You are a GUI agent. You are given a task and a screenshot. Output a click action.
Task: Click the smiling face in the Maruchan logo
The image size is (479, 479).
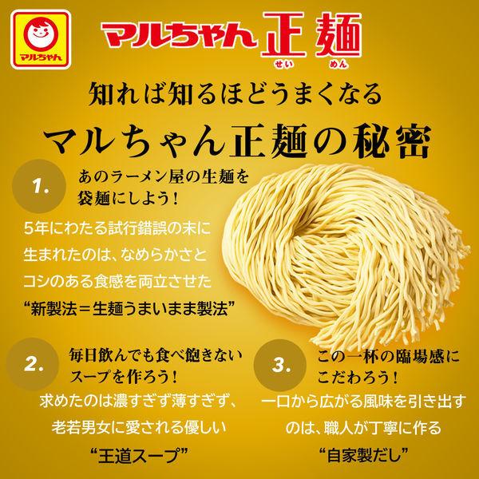tap(41, 34)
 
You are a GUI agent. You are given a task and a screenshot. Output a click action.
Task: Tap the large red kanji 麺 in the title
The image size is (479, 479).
tap(338, 35)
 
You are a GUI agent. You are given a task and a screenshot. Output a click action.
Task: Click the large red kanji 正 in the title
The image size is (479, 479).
tap(283, 35)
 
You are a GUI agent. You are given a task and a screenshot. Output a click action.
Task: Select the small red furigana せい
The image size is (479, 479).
tap(283, 64)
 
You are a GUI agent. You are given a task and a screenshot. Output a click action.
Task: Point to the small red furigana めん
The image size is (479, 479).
tap(338, 64)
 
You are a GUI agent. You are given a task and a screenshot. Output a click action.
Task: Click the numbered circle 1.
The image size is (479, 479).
tap(39, 186)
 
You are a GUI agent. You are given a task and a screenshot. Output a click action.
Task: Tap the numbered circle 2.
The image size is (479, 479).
tap(33, 364)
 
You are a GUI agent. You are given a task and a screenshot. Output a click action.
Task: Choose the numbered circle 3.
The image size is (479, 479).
tap(280, 365)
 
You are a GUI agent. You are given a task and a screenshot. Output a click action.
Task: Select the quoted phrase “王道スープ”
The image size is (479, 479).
tap(139, 455)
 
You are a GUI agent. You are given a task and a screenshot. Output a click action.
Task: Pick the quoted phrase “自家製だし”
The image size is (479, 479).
tap(363, 455)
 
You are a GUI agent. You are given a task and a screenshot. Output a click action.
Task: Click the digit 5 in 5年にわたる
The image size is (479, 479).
tap(29, 228)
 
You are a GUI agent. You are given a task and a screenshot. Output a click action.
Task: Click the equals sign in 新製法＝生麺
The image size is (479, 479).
tap(85, 309)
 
